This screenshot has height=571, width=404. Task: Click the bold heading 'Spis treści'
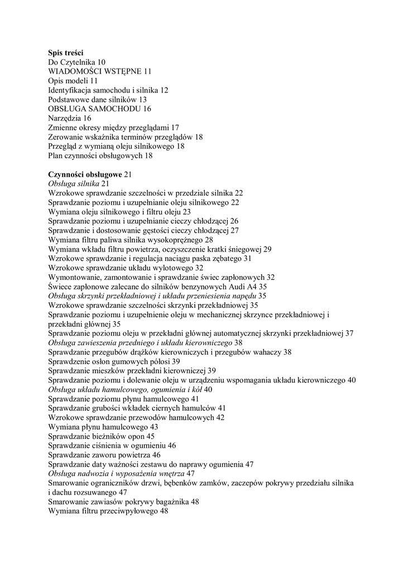[x=65, y=52]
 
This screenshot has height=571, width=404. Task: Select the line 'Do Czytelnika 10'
[x=76, y=62]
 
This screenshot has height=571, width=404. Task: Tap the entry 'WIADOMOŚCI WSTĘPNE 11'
[x=100, y=71]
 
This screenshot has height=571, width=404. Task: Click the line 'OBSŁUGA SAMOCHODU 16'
[x=99, y=109]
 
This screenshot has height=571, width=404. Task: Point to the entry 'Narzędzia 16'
[x=70, y=118]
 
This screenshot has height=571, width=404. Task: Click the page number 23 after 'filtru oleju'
[x=186, y=212]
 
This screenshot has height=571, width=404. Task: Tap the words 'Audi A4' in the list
[x=243, y=287]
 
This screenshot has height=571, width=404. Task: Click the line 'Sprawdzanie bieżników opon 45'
[x=101, y=436]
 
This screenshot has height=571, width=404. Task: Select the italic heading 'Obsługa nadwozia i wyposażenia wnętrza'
[x=117, y=473]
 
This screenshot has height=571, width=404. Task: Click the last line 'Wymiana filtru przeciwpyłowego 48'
[x=108, y=511]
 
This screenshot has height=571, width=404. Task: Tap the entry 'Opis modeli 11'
[x=73, y=81]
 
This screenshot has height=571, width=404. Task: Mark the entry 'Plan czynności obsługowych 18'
[x=100, y=156]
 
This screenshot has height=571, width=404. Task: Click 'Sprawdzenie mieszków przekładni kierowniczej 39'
[x=132, y=370]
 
